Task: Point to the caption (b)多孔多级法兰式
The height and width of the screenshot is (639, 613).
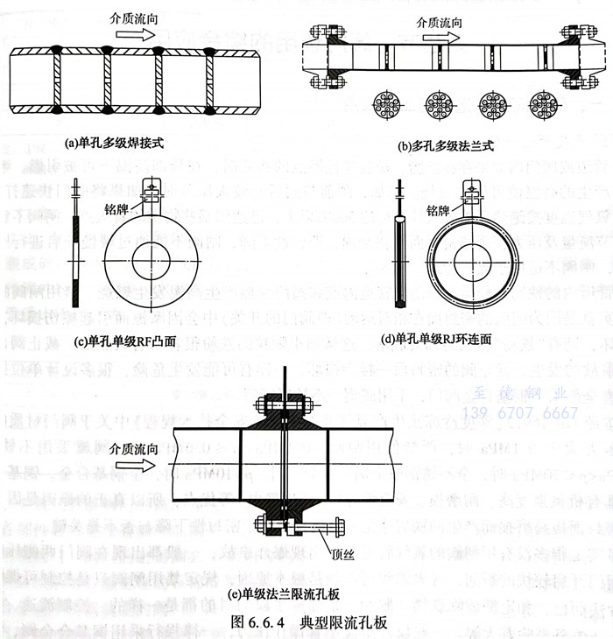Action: (x=446, y=145)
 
